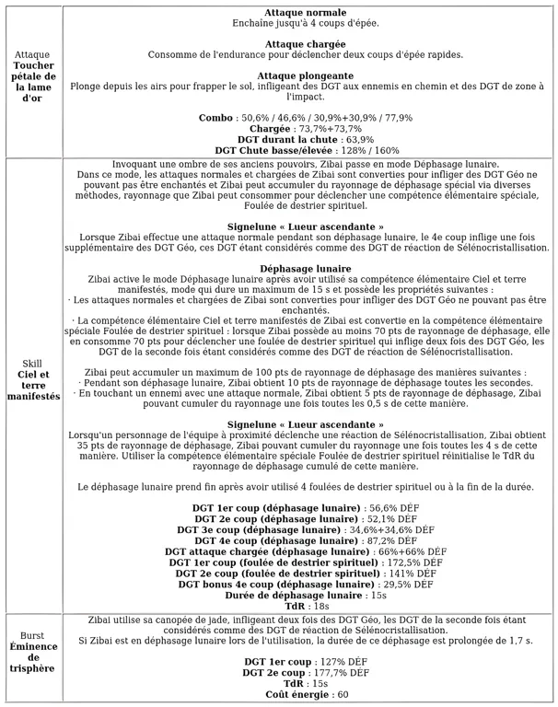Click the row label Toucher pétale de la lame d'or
tap(32, 82)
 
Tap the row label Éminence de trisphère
tap(32, 656)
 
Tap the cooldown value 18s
tap(320, 607)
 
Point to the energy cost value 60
tap(341, 695)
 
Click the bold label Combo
tap(216, 118)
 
